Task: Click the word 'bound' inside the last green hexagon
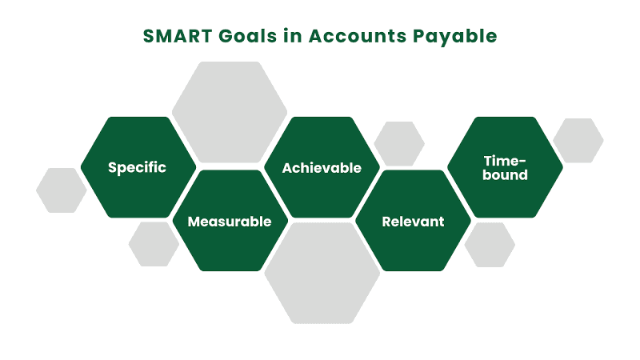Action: coord(505,175)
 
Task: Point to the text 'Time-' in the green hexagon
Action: coord(505,161)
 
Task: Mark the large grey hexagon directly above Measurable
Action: coord(230,112)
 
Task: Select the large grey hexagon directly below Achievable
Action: coord(322,273)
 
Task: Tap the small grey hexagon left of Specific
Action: coord(62,190)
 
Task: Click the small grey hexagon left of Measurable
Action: coord(154,244)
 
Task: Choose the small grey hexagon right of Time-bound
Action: coord(578,141)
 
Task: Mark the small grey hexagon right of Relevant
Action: coord(490,245)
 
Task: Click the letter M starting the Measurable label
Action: coord(193,222)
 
